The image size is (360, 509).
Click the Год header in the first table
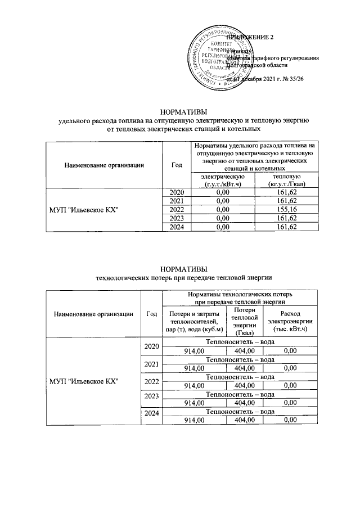pyautogui.click(x=177, y=164)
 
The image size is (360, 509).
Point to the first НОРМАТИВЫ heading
pyautogui.click(x=180, y=111)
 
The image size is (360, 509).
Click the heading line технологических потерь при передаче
pyautogui.click(x=180, y=277)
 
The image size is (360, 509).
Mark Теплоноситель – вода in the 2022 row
pyautogui.click(x=240, y=377)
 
